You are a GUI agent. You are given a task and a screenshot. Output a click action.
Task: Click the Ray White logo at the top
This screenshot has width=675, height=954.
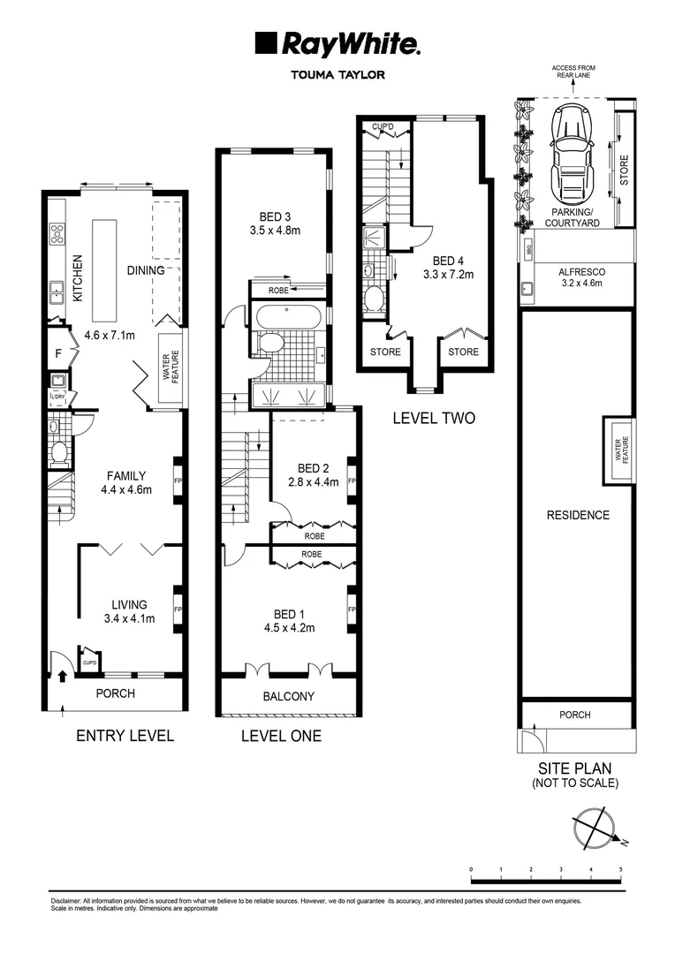337,43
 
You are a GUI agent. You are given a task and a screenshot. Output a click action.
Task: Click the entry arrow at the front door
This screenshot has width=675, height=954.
62,678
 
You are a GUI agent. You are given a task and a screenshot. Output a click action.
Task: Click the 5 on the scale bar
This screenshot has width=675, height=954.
620,869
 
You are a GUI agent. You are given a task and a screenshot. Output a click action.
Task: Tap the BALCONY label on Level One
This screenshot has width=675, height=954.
288,696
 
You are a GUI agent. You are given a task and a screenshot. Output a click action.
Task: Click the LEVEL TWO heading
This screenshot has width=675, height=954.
433,418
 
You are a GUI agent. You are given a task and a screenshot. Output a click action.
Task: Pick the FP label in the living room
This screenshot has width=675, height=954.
178,609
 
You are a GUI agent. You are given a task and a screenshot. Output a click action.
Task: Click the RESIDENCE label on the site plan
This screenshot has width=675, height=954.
577,515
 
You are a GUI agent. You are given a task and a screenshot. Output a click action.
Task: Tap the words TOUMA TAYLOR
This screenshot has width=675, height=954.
337,75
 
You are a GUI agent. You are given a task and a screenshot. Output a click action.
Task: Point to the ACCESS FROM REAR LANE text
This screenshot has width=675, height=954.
574,71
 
